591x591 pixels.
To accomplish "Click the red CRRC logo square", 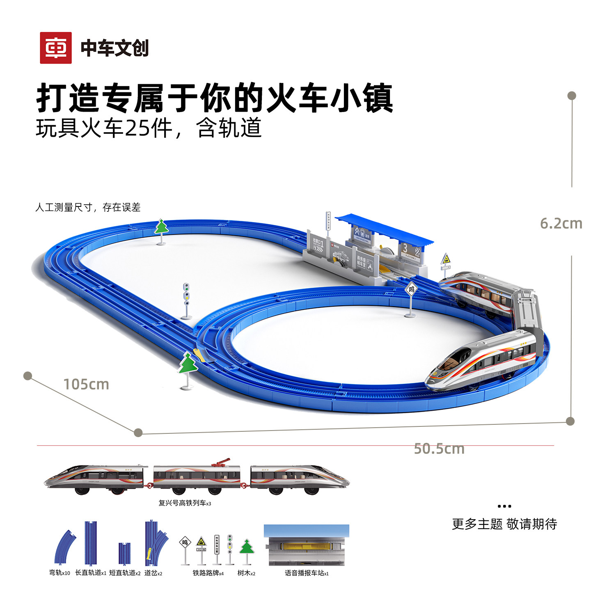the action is (x=56, y=48).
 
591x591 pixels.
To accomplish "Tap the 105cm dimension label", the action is (x=86, y=385).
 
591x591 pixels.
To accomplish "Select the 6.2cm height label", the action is (x=561, y=224).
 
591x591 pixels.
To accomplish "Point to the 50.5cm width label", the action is (x=439, y=449).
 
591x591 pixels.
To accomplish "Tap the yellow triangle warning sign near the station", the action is (x=446, y=259).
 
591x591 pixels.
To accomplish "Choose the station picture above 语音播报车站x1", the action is (x=307, y=545).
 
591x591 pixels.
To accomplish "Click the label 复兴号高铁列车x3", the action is (x=185, y=503).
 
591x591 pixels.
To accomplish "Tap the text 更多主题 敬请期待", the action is (x=504, y=524).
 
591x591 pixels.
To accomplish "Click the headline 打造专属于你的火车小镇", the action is (x=215, y=98).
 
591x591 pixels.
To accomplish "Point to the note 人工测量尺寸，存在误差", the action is (x=88, y=207).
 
